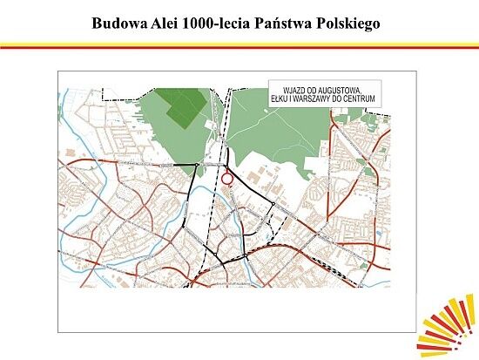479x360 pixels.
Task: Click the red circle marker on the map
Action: point(227,179)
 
